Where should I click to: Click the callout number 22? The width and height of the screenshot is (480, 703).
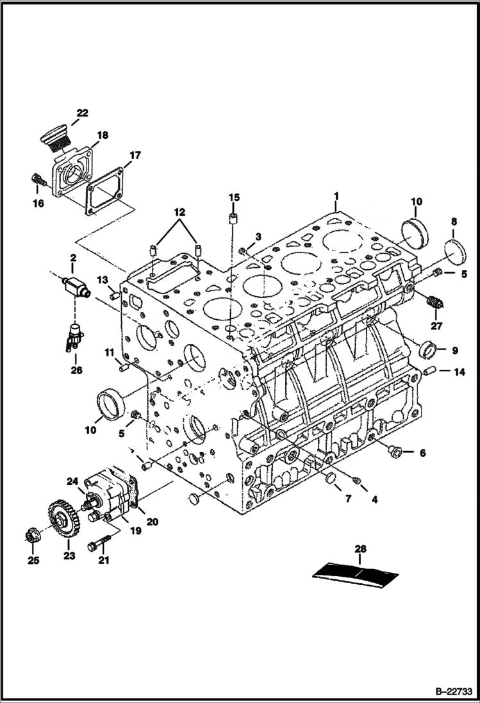coord(82,113)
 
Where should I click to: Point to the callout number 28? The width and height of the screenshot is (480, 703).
coord(361,548)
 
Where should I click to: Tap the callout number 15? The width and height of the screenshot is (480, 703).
coord(234,196)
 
